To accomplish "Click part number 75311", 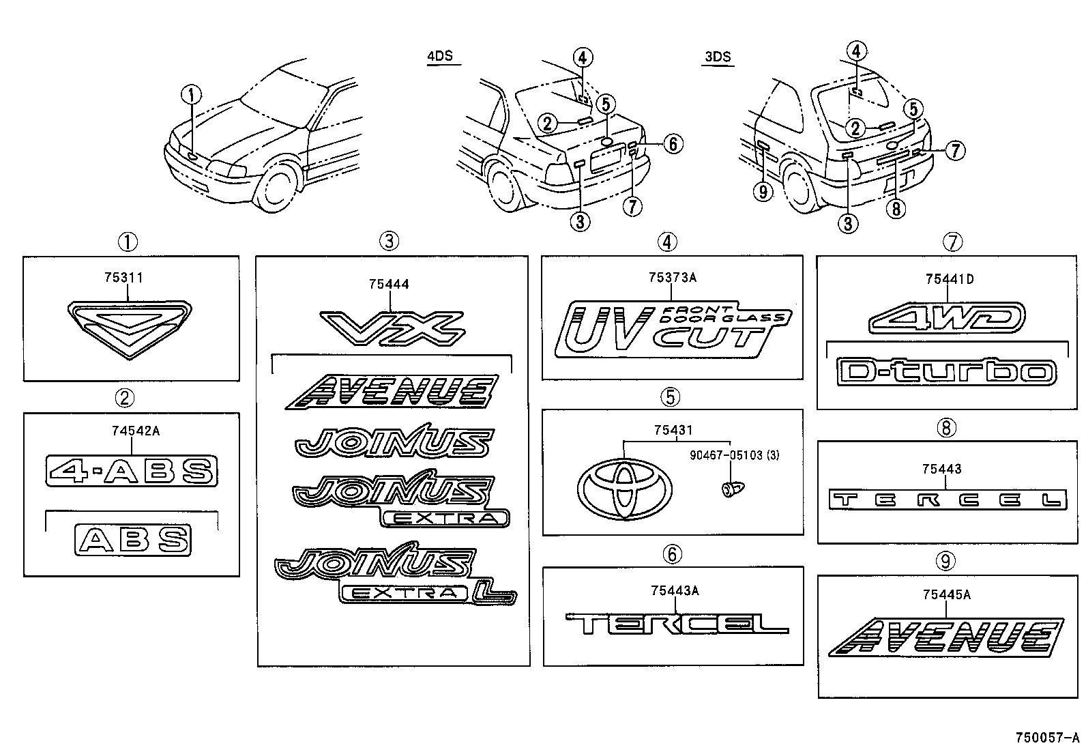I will (x=123, y=278).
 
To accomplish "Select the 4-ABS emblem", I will (x=132, y=471).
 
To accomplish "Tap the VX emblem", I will (x=392, y=327).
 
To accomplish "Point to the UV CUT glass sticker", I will (x=672, y=330).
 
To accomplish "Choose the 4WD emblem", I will (x=947, y=317).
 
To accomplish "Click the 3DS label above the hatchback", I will (x=717, y=57).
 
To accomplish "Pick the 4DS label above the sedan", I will (x=440, y=56).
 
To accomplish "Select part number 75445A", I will (x=946, y=595).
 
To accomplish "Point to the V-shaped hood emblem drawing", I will (x=129, y=329).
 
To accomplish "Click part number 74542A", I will (x=136, y=431).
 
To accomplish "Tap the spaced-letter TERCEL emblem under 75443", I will (x=946, y=500).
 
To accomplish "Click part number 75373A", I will (x=672, y=278).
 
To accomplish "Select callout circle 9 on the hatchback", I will (x=763, y=192).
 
